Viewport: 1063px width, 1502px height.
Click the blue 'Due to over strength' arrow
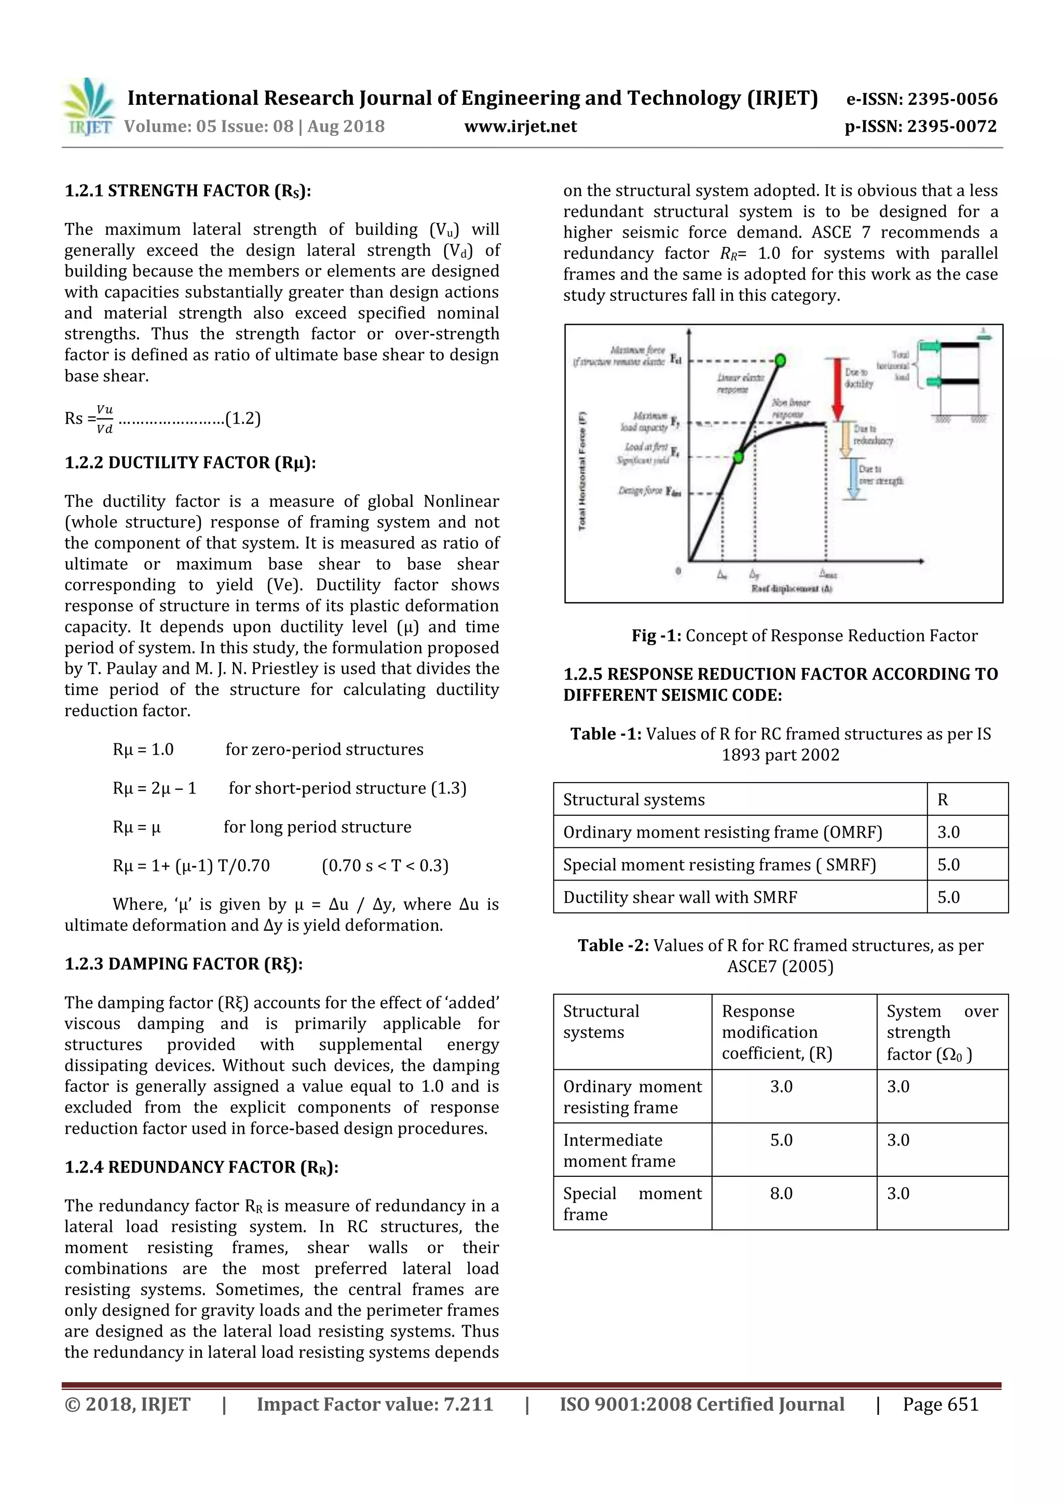tap(853, 478)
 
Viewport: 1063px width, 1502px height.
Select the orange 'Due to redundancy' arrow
tap(845, 440)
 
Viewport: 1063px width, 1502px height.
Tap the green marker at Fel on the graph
tap(780, 360)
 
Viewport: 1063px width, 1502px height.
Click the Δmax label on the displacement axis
tap(828, 574)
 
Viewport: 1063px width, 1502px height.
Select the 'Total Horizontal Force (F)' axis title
tap(582, 470)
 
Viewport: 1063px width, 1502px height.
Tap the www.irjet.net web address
tap(521, 126)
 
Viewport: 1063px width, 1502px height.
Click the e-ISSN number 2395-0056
tap(922, 100)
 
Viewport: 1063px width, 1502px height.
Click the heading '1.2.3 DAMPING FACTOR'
tap(183, 964)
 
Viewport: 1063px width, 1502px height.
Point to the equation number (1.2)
tap(243, 419)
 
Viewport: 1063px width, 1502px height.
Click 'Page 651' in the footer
tap(940, 1404)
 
